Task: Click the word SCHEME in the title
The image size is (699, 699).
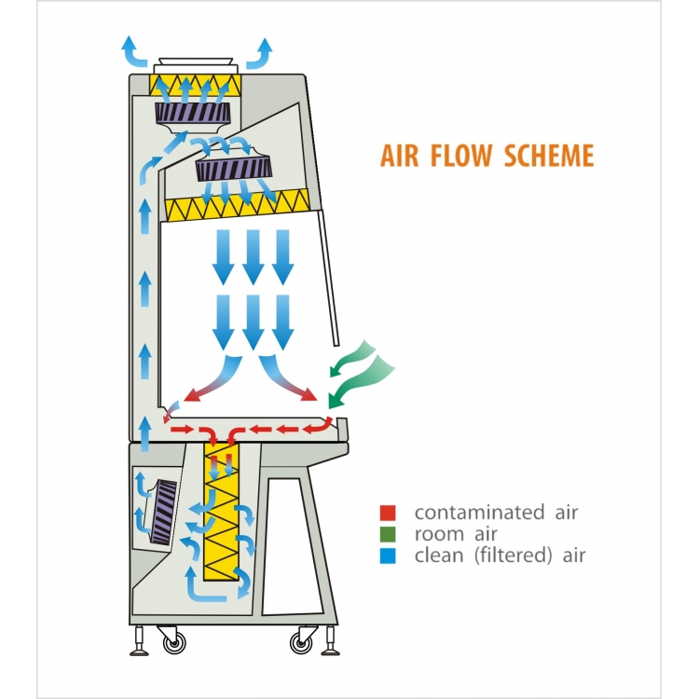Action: (549, 155)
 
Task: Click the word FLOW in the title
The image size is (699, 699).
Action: (461, 155)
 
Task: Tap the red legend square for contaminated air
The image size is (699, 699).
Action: (388, 513)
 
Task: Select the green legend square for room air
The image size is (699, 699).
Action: (388, 534)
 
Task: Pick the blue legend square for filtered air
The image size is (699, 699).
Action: (388, 555)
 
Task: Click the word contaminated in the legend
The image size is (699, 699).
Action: (479, 513)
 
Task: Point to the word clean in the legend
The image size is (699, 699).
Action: (439, 555)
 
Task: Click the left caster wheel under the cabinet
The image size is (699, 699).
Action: (174, 643)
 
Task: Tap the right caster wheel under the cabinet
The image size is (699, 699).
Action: (301, 643)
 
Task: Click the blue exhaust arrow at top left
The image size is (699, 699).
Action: (133, 53)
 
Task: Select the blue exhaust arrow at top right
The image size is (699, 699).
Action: (260, 53)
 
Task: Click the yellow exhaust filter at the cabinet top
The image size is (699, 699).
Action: (196, 85)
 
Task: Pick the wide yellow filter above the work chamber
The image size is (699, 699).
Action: (237, 206)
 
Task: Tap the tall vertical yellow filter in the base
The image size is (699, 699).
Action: (221, 513)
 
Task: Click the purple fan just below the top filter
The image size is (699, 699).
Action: (193, 114)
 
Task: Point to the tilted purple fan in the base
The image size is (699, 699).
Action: (161, 513)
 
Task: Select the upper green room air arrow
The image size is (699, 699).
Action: (352, 359)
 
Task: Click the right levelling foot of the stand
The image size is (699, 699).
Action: (330, 640)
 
